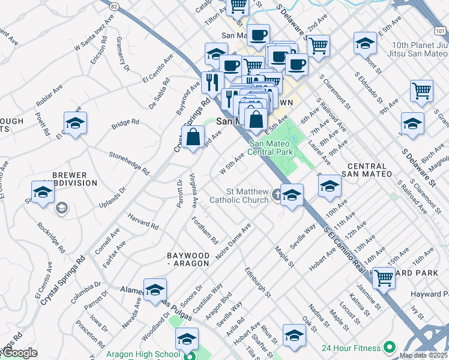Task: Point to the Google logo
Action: coord(19,353)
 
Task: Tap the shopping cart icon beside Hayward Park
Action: coord(384,277)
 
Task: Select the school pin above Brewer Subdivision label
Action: coord(75,124)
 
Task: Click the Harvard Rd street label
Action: coord(143,221)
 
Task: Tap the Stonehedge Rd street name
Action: coord(128,162)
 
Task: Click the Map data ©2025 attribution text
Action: coord(423,355)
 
